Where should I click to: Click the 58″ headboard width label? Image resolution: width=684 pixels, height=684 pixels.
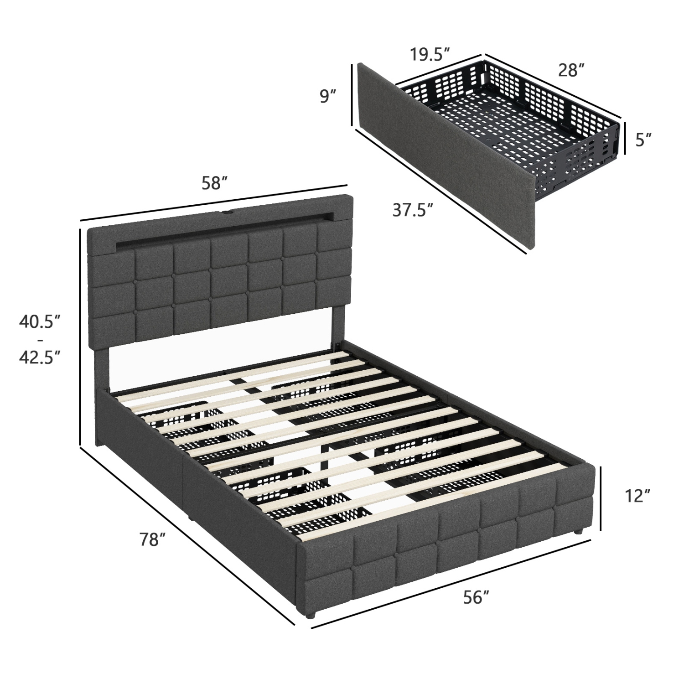pos(214,183)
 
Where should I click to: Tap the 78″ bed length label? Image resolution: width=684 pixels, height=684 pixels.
pos(152,539)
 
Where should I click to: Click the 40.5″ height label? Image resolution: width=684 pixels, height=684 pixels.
pos(40,321)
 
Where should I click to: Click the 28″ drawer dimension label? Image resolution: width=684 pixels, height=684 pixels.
pos(571,70)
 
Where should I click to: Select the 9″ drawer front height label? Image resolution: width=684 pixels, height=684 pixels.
pos(327,97)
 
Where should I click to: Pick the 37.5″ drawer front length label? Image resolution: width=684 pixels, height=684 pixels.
pos(412,210)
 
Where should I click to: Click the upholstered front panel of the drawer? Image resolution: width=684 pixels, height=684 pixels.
pos(445,155)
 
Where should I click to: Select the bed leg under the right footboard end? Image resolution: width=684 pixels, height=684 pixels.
pos(578,532)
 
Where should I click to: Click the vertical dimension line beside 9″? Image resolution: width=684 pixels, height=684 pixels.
pos(352,94)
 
